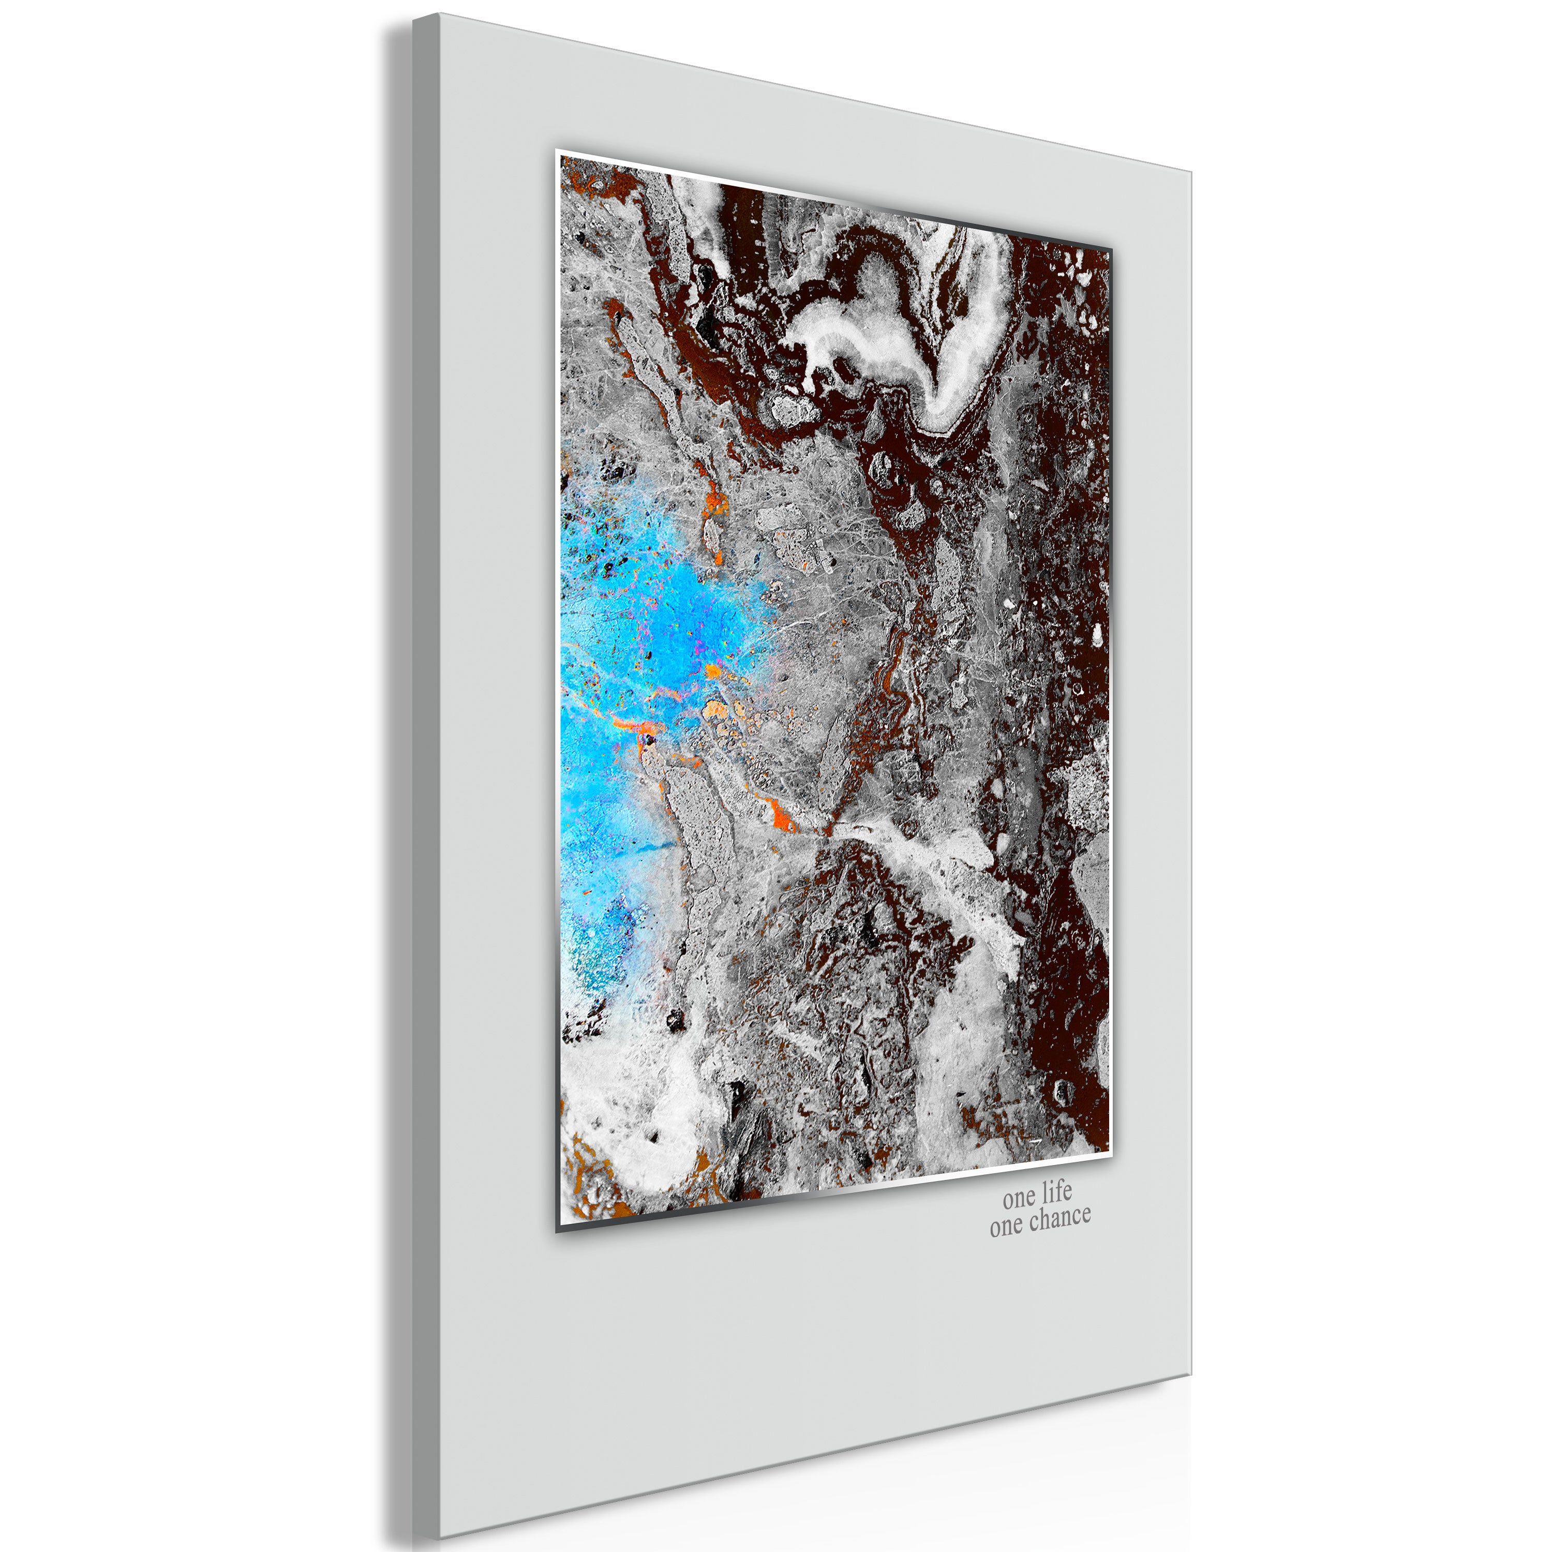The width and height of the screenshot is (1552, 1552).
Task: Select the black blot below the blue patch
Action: tap(675, 1020)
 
